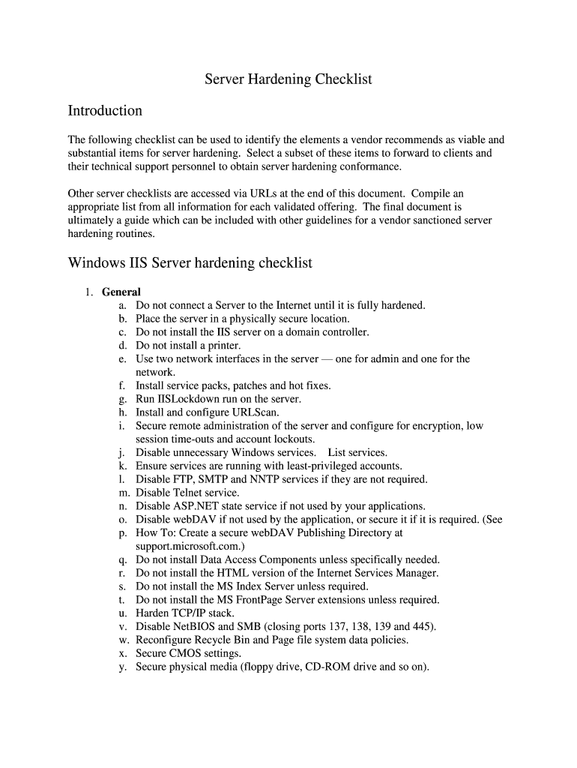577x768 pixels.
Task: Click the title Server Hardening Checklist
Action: click(x=288, y=79)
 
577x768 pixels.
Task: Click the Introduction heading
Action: click(x=105, y=111)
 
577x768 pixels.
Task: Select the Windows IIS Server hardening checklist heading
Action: click(x=190, y=263)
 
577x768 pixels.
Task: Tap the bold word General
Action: click(x=121, y=292)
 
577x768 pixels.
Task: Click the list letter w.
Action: click(x=124, y=640)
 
